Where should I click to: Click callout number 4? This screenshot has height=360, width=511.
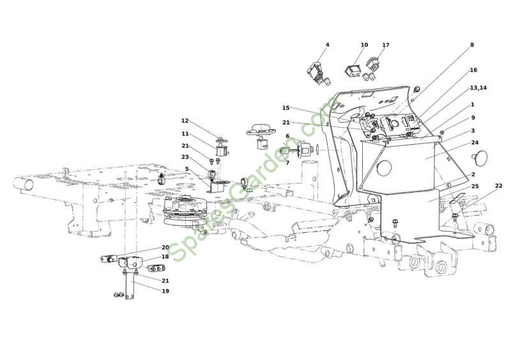coord(327,45)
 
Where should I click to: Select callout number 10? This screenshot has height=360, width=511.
coord(364,45)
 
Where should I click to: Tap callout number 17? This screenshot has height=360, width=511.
coord(386,45)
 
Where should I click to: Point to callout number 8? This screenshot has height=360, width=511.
coord(472,45)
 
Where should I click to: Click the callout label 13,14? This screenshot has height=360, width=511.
coord(478,88)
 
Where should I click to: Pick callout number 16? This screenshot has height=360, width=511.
coord(473,70)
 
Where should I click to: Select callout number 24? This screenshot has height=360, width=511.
coord(475,143)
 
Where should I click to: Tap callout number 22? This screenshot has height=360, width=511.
coord(499,186)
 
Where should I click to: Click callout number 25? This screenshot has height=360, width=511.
coord(475,186)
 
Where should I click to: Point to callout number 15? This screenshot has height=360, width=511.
coord(286,108)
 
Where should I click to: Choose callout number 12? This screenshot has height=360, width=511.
coord(185,121)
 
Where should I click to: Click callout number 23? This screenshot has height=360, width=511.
coord(185,157)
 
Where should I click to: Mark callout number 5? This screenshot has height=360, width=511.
coord(187,169)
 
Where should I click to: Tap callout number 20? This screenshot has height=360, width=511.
coord(165,248)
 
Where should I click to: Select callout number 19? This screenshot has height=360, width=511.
coord(165,291)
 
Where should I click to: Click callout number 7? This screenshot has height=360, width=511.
coord(287,163)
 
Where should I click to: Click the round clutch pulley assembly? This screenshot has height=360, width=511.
coord(181,211)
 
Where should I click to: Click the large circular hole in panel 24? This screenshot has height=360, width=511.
coord(384,167)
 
